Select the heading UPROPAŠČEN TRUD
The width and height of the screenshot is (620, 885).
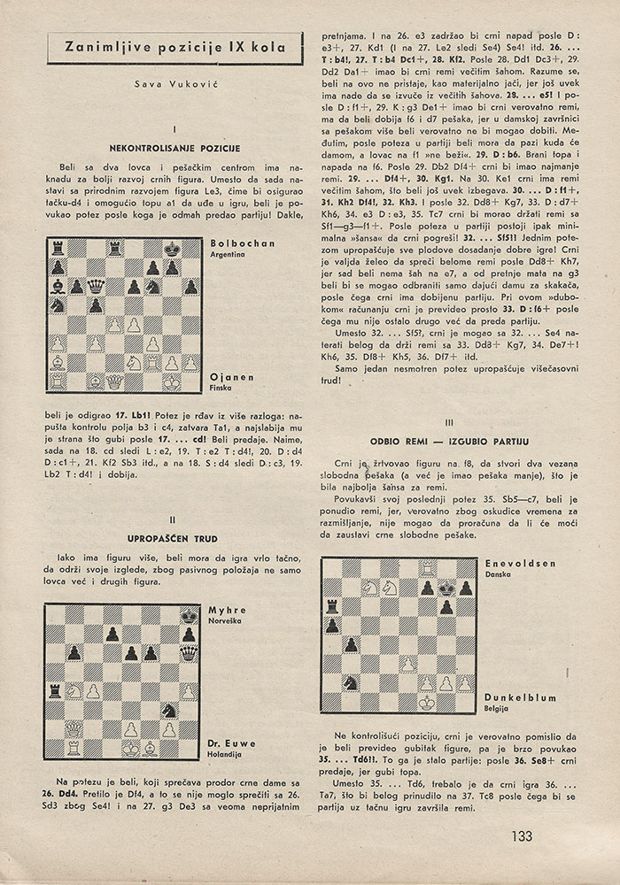(x=174, y=536)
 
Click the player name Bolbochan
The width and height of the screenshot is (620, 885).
(x=244, y=242)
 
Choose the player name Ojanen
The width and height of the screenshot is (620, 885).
(x=231, y=376)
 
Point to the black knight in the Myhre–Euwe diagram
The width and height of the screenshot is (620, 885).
(x=169, y=709)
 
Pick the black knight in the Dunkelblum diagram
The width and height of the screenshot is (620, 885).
(x=351, y=681)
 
